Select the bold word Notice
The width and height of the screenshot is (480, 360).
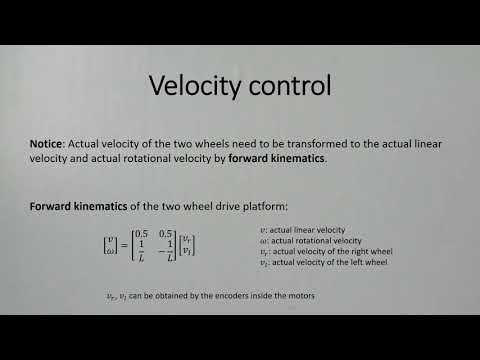pyautogui.click(x=48, y=144)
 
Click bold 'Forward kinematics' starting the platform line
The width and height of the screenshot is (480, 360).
pyautogui.click(x=75, y=207)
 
